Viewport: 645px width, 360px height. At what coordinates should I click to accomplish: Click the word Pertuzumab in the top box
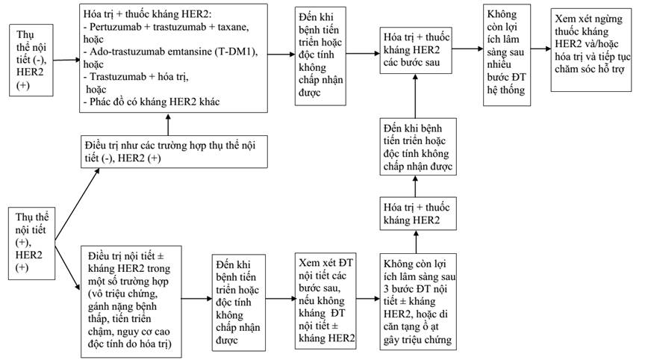pos(114,27)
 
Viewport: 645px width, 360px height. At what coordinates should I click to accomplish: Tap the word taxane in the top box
pos(233,27)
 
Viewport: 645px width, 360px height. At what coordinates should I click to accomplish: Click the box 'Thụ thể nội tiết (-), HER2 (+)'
pos(31,60)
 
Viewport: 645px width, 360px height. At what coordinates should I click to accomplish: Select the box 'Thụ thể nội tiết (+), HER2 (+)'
pos(31,243)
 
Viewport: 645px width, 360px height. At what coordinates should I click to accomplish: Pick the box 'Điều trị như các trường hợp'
pos(174,152)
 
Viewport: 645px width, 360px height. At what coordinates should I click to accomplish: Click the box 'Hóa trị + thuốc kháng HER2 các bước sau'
pos(416,51)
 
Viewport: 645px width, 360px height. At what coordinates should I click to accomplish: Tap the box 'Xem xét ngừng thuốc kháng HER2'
pos(591,49)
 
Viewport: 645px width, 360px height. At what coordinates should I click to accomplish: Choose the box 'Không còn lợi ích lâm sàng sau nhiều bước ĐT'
pos(507,55)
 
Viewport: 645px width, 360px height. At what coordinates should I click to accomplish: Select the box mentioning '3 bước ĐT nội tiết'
pos(418,302)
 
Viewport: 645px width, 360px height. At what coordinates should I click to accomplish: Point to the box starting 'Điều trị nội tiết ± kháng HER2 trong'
pos(131,302)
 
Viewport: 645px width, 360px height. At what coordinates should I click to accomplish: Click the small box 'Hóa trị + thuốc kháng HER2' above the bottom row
pos(418,214)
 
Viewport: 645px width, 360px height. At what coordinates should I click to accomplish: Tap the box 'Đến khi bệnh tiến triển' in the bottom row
pos(239,302)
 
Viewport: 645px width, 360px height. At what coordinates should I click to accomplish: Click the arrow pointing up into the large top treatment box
pos(168,124)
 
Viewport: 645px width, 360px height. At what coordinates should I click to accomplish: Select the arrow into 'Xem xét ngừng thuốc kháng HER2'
pos(541,49)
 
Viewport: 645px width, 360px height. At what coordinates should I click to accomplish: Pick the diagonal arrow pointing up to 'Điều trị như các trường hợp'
pos(78,204)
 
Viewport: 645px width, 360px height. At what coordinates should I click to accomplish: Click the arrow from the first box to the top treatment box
pos(66,60)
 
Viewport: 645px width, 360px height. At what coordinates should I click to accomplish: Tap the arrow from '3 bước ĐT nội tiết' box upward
pos(416,242)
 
